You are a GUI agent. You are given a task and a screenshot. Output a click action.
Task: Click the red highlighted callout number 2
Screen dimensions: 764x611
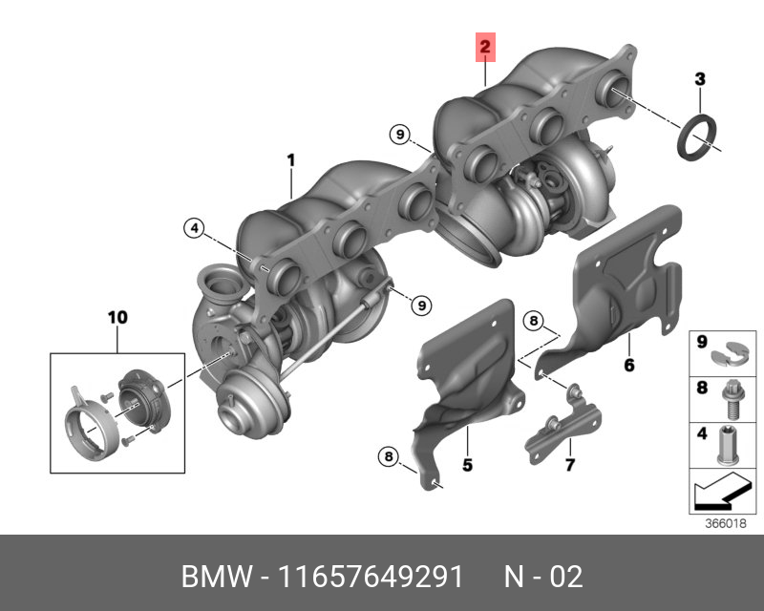(x=485, y=48)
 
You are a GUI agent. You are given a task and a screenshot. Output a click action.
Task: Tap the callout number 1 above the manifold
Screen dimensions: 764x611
(x=291, y=160)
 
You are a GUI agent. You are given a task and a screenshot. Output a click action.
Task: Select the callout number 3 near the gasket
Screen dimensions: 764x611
(x=700, y=79)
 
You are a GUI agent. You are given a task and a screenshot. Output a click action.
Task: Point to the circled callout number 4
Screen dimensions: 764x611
(x=195, y=228)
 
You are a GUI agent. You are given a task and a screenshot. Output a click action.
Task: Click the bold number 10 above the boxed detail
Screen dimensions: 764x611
(x=117, y=317)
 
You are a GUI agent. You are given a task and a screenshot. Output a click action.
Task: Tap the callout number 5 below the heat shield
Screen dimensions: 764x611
(x=467, y=465)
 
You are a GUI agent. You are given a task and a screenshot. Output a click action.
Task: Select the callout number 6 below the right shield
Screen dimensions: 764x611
(x=629, y=365)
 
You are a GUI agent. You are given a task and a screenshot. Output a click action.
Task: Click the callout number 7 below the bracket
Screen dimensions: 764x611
(x=569, y=464)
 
